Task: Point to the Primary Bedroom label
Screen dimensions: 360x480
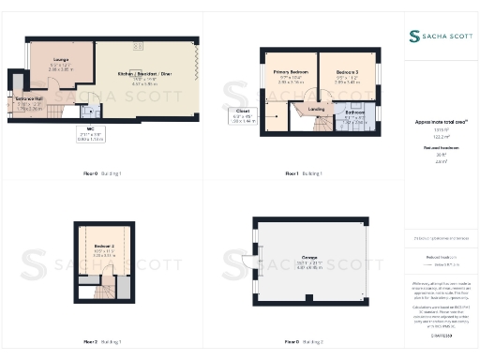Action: (x=291, y=74)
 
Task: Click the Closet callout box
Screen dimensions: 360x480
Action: (x=243, y=118)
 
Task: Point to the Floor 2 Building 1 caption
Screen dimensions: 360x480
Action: (x=103, y=342)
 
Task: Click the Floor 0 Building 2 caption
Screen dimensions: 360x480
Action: (x=304, y=342)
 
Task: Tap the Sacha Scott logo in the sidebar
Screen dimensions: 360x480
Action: (x=440, y=36)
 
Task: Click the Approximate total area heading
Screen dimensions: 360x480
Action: (x=440, y=123)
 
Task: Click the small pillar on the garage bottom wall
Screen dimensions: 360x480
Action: (x=310, y=307)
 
